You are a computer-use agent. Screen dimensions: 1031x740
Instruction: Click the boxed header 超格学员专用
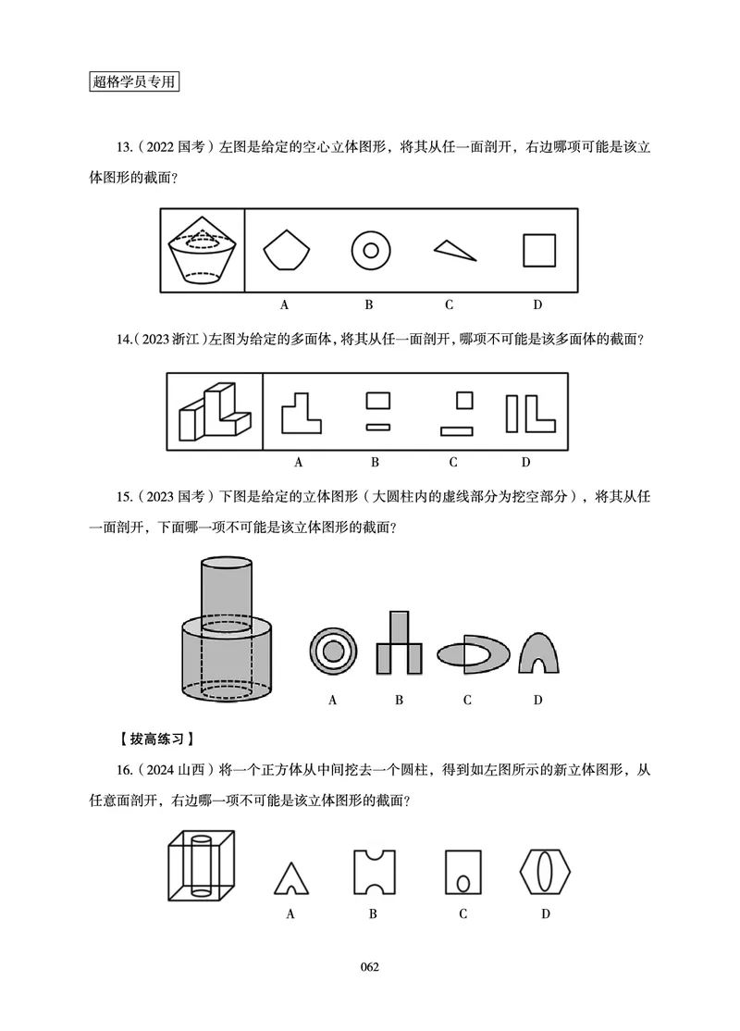(x=134, y=81)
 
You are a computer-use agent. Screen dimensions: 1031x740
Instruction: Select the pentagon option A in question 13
(x=286, y=251)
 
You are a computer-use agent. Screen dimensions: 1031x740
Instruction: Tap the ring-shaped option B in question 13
(x=370, y=250)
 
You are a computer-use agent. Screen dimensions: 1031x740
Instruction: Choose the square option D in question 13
(x=538, y=250)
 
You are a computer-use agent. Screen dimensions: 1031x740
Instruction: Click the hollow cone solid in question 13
(x=203, y=251)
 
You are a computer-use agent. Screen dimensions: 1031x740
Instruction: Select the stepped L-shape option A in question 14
(x=302, y=413)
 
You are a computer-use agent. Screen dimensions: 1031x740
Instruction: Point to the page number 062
(x=370, y=967)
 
